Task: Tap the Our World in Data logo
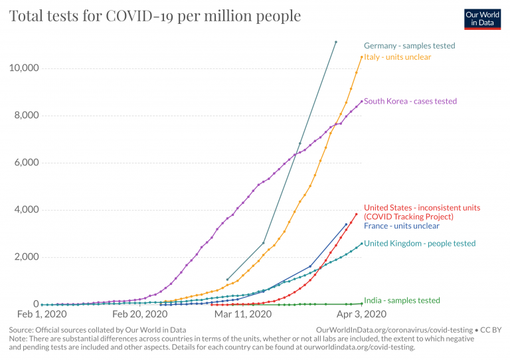pyautogui.click(x=481, y=19)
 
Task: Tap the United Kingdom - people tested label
pyautogui.click(x=420, y=244)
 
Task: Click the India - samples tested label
pyautogui.click(x=402, y=301)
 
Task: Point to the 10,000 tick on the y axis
pyautogui.click(x=24, y=68)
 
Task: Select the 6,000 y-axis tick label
pyautogui.click(x=27, y=163)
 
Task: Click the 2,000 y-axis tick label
pyautogui.click(x=27, y=257)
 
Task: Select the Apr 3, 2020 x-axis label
pyautogui.click(x=361, y=314)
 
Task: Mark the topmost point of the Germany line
pyautogui.click(x=335, y=42)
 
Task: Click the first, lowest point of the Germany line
pyautogui.click(x=228, y=280)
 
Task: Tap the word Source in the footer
pyautogui.click(x=21, y=329)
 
